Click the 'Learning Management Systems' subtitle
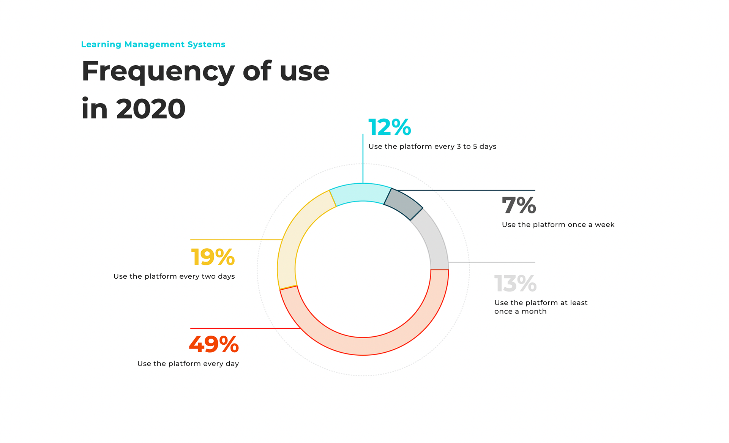(x=153, y=44)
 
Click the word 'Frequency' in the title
(x=158, y=72)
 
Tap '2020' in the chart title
(x=151, y=109)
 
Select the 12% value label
(x=390, y=127)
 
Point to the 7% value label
(x=519, y=205)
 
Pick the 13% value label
(x=515, y=284)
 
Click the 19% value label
(x=213, y=257)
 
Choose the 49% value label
(x=214, y=344)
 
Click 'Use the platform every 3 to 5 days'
(x=432, y=147)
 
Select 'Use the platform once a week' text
(x=558, y=225)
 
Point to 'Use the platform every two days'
(x=174, y=276)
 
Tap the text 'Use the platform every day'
(x=188, y=364)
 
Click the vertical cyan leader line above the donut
(x=363, y=159)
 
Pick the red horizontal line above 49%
(x=243, y=328)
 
